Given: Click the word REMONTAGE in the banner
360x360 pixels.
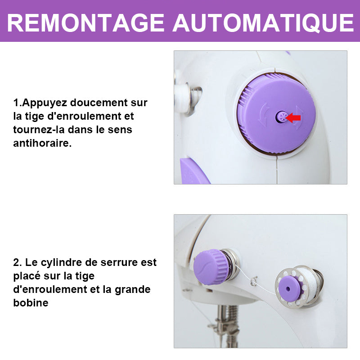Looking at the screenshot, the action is click(x=85, y=23).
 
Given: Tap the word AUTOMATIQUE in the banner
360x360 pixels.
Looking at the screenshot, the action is click(x=263, y=23).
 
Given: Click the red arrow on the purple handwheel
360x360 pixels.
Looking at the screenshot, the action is click(x=293, y=118).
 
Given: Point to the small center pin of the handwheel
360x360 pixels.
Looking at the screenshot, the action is click(x=281, y=117).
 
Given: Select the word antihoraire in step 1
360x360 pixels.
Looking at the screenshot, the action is click(x=42, y=143).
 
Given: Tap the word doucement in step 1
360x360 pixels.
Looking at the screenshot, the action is click(x=99, y=103).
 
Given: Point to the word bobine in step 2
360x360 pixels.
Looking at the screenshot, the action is click(x=31, y=303).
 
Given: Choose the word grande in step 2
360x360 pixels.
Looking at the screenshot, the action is click(x=132, y=289).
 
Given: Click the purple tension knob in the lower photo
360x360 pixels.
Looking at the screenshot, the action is click(x=210, y=266).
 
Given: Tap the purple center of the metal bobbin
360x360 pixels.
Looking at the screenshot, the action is click(x=288, y=288).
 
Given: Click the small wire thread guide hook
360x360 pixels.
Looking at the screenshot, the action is click(x=254, y=281).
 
